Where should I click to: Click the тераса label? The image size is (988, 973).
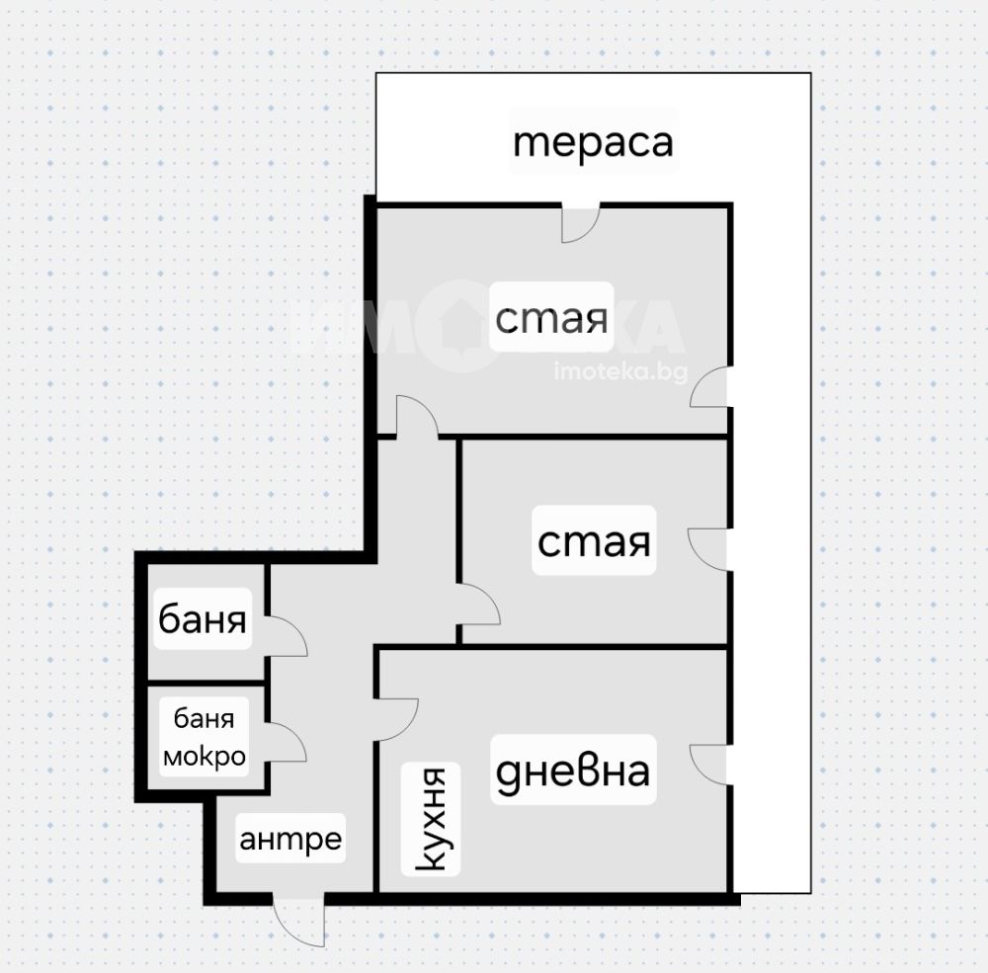pyautogui.click(x=594, y=142)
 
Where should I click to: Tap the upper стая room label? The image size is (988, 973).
pyautogui.click(x=551, y=317)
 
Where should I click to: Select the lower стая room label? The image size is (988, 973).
pyautogui.click(x=594, y=540)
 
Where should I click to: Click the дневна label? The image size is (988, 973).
pyautogui.click(x=573, y=770)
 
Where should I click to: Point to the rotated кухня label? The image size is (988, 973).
pyautogui.click(x=432, y=820)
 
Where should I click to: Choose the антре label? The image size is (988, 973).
pyautogui.click(x=290, y=839)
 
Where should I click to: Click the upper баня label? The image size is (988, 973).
pyautogui.click(x=203, y=618)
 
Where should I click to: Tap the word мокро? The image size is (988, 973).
pyautogui.click(x=205, y=756)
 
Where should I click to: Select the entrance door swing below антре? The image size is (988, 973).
pyautogui.click(x=300, y=919)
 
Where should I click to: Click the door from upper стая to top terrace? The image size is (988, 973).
pyautogui.click(x=580, y=223)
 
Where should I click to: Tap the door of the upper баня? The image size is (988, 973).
pyautogui.click(x=287, y=635)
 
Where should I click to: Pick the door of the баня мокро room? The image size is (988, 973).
pyautogui.click(x=287, y=741)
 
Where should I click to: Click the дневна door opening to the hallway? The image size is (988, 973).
pyautogui.click(x=397, y=719)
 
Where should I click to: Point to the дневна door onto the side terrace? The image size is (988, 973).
pyautogui.click(x=710, y=765)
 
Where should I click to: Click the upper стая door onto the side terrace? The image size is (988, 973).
pyautogui.click(x=710, y=387)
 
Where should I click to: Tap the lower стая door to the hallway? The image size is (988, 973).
pyautogui.click(x=479, y=604)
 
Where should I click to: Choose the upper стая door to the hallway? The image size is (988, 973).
pyautogui.click(x=417, y=416)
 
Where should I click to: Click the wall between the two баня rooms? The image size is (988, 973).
pyautogui.click(x=206, y=683)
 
